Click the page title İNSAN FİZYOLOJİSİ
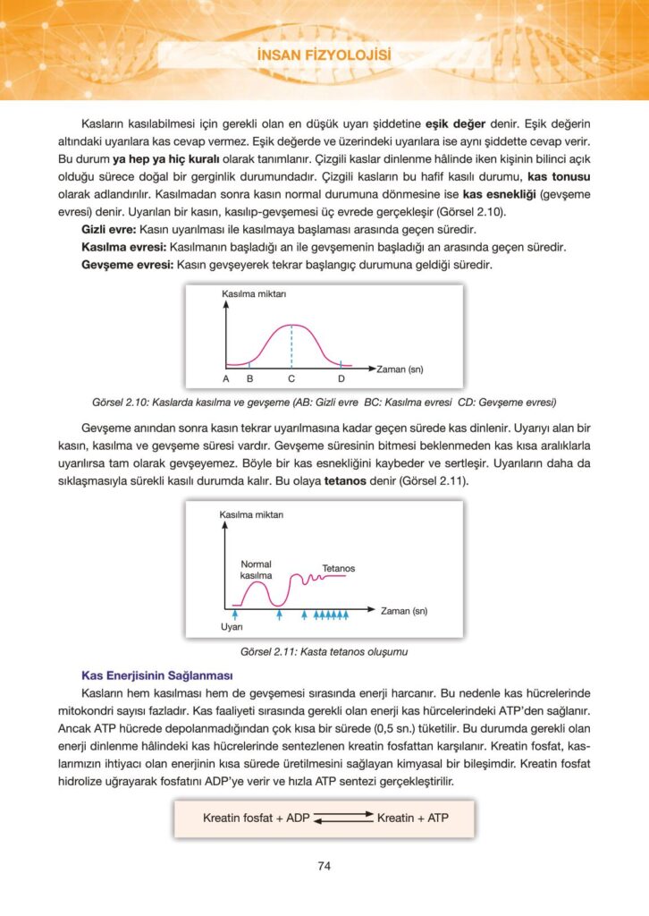point(324,55)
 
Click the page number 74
point(324,865)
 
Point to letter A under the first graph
point(226,379)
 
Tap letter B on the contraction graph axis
point(249,379)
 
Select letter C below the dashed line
point(291,379)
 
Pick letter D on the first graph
point(341,379)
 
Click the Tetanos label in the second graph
point(338,568)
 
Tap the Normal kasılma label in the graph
point(257,570)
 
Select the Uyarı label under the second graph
point(232,628)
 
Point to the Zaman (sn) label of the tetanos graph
point(404,611)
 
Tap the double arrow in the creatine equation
point(343,817)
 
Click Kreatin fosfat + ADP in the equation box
point(255,818)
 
